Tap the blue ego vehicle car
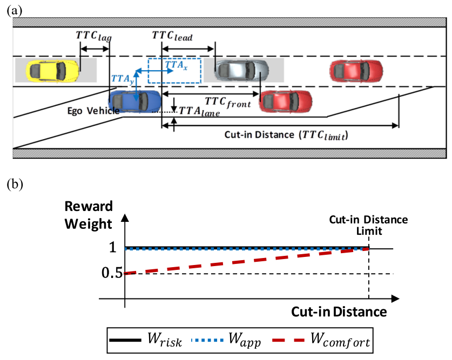[134, 100]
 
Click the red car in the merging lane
[286, 100]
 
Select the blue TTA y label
[122, 79]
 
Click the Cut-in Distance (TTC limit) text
[286, 135]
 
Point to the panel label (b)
[15, 184]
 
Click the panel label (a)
[15, 9]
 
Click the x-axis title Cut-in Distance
[339, 312]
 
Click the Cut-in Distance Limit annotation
[369, 225]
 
